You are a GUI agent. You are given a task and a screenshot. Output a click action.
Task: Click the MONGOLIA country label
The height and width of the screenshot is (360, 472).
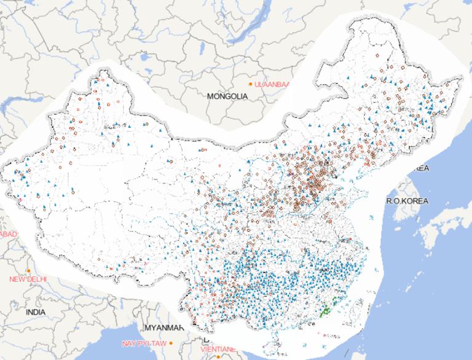point(227,96)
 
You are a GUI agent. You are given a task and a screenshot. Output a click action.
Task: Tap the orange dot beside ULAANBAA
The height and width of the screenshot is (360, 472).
point(250,84)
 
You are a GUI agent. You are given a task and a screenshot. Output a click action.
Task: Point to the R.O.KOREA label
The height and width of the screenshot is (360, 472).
point(406,201)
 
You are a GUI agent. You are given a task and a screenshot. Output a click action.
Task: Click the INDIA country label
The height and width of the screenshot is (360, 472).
point(36,312)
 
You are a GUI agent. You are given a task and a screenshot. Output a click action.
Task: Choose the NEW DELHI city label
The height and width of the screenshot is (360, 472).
point(28,279)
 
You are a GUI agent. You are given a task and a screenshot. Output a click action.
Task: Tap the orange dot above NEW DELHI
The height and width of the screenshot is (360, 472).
point(29,270)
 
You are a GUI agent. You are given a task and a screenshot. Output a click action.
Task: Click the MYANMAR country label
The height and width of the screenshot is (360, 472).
point(163,327)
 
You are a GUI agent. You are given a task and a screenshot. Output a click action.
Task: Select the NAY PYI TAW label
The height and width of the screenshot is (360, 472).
point(144,342)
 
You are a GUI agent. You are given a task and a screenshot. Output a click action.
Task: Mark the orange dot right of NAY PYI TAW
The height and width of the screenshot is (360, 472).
point(172,343)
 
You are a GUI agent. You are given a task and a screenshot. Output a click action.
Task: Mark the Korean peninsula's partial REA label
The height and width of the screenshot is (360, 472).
point(421,168)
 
